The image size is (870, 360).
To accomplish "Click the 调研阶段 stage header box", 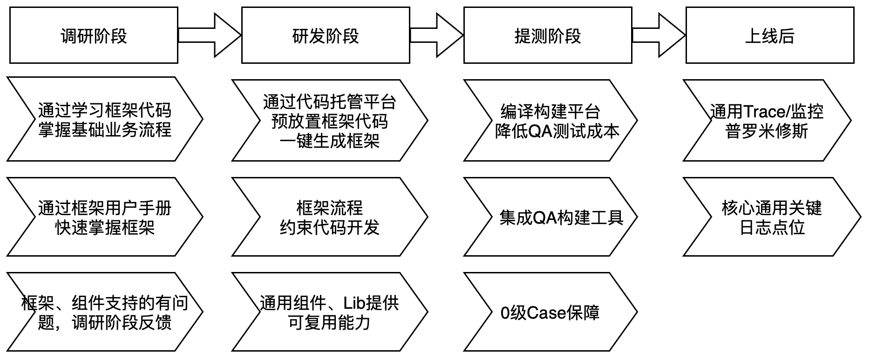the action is (94, 35).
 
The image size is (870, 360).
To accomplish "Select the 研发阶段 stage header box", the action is (326, 35).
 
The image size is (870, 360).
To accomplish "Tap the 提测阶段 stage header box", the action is (548, 35).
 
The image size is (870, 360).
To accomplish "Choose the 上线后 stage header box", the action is (770, 35).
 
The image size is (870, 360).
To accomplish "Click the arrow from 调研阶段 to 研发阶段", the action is (210, 35).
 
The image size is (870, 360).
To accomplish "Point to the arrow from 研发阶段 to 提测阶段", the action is (437, 35).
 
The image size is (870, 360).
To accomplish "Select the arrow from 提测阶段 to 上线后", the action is (659, 35).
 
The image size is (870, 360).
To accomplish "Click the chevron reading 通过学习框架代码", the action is (105, 119).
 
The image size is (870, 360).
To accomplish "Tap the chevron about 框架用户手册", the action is (105, 217).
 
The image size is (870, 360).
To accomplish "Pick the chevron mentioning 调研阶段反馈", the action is (105, 312).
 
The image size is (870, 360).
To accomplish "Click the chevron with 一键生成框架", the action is (329, 121).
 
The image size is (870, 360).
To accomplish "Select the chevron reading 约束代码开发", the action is (329, 217).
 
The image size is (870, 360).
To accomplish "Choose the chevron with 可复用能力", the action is (329, 312).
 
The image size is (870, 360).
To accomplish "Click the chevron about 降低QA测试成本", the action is (550, 121).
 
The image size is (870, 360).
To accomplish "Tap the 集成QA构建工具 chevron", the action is (550, 217).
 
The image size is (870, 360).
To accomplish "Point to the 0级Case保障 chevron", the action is (550, 312).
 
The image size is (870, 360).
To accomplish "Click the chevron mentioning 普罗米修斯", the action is (767, 121).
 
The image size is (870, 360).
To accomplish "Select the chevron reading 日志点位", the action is (772, 217).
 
